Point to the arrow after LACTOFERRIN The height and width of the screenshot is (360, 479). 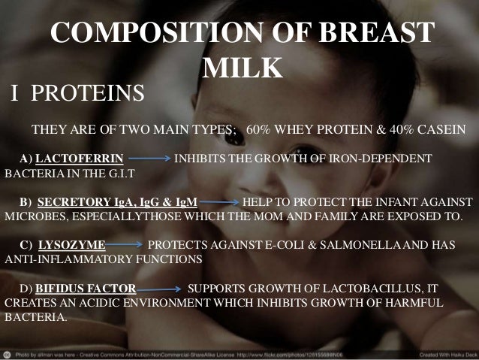point(149,159)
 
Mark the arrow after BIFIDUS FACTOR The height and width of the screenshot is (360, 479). point(159,288)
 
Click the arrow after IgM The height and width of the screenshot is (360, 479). point(219,202)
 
